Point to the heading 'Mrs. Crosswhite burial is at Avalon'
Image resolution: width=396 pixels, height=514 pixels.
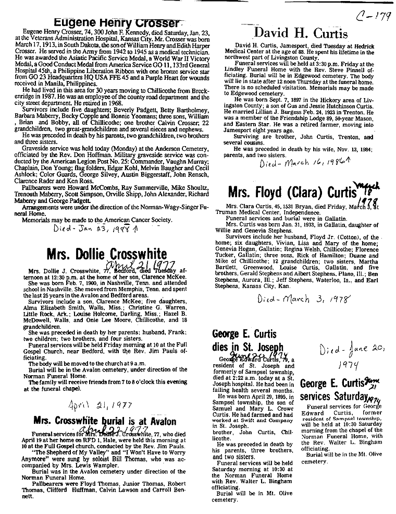tap(104, 421)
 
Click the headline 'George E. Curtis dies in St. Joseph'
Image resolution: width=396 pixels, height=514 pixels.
tap(248, 340)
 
